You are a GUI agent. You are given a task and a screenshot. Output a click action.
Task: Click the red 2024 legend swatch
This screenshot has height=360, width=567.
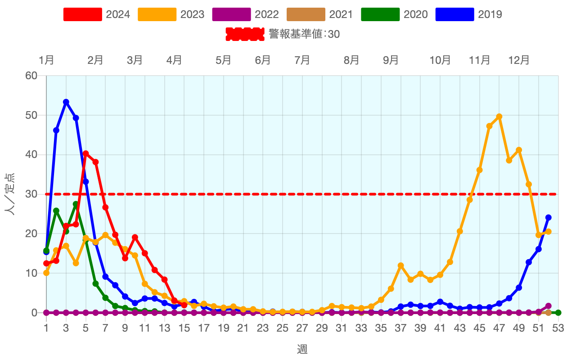pos(82,14)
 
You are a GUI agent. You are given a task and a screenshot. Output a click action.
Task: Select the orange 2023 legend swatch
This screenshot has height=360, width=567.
pos(157,14)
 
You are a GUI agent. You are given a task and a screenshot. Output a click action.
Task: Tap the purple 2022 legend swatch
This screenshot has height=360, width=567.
pos(231,14)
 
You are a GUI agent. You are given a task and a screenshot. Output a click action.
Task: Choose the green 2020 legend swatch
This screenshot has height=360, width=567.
pos(380,14)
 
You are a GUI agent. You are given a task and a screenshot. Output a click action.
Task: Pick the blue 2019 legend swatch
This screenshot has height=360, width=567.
pos(454,14)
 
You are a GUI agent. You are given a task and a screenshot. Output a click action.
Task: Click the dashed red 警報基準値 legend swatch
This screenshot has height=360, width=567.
pos(244,34)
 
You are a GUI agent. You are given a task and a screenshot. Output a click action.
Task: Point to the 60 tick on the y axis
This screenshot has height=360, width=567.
pos(31,76)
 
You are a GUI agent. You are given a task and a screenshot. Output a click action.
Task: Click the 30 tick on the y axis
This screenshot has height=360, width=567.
pos(31,194)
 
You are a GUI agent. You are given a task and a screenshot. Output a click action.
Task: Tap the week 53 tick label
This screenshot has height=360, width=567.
pos(558,328)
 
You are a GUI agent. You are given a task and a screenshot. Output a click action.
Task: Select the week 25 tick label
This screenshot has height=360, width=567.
pos(282,328)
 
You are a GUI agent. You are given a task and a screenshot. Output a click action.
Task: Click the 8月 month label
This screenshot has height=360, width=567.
pos(351,60)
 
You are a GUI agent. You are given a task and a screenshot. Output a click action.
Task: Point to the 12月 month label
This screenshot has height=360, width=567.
pos(519,60)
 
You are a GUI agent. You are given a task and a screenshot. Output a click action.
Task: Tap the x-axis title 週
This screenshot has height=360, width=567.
pos(302,349)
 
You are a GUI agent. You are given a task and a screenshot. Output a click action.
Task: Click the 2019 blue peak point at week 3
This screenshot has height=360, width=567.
pos(66,102)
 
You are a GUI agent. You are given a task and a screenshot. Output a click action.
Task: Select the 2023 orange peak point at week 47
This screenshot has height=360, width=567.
pos(499,117)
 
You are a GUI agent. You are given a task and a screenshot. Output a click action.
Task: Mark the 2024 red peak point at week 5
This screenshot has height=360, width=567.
pos(86,153)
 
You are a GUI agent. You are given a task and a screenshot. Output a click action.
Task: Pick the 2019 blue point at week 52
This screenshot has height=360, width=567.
pos(548,217)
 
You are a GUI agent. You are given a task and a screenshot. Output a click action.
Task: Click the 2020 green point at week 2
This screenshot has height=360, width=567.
pos(56,211)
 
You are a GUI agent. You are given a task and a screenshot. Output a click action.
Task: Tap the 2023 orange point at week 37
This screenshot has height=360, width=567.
pos(400,265)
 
